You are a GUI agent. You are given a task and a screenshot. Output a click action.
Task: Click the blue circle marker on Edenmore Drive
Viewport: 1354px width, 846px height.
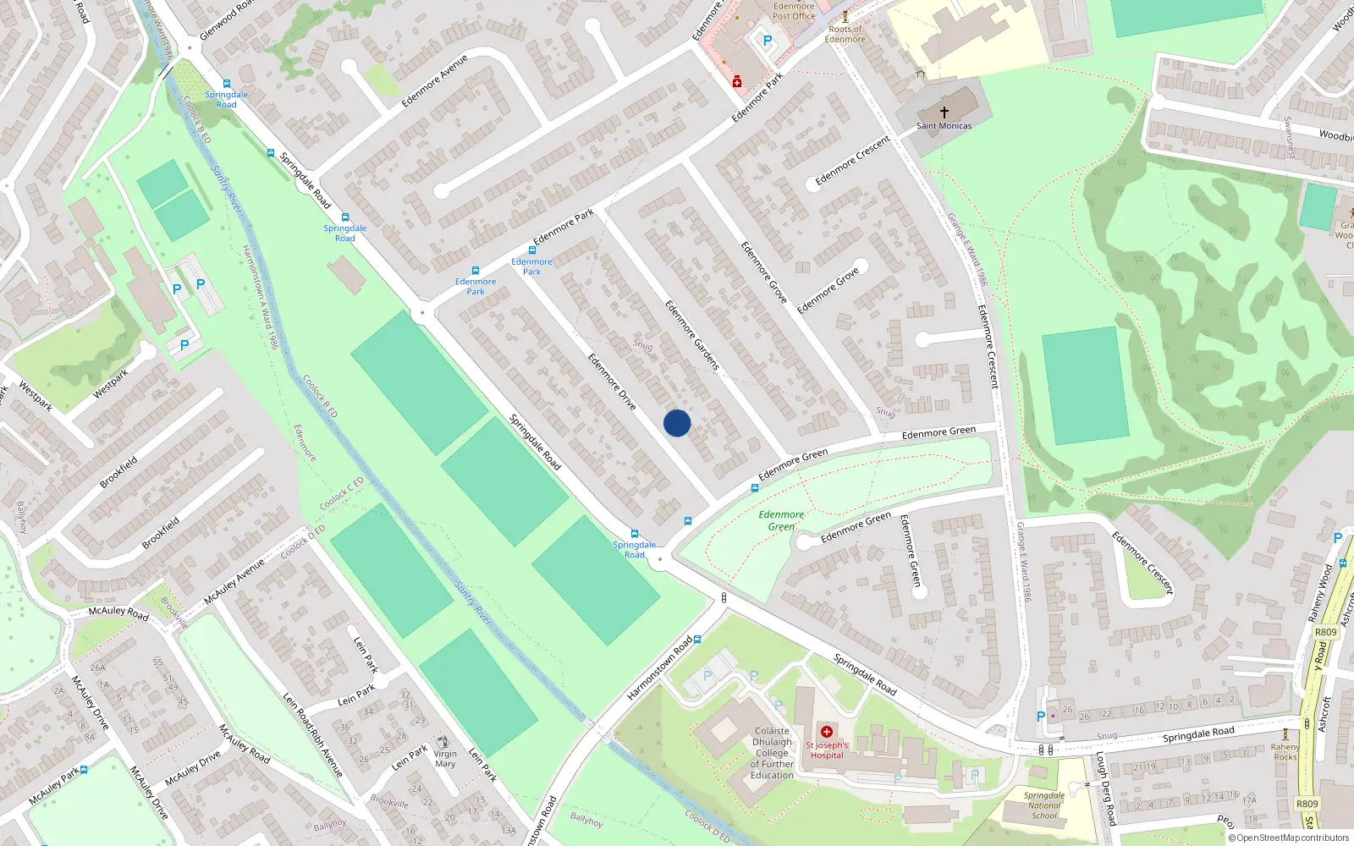[677, 423]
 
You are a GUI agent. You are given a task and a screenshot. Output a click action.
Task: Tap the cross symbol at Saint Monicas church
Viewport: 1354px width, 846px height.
[944, 112]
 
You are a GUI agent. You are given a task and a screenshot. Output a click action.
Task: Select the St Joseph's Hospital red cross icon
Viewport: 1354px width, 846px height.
[827, 732]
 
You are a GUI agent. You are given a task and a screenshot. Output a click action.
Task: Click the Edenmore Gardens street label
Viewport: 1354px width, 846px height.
[691, 335]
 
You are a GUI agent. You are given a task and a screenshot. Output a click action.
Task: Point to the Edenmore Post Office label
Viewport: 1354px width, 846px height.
[794, 11]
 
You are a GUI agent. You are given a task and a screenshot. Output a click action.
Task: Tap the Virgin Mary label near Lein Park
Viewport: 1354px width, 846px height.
[445, 758]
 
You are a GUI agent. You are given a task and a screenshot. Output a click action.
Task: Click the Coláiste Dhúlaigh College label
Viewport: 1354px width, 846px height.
[772, 753]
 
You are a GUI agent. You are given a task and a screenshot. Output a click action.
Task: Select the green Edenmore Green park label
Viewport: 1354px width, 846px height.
[781, 520]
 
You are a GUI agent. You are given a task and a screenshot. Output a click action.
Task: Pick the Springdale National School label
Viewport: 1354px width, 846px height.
[1044, 805]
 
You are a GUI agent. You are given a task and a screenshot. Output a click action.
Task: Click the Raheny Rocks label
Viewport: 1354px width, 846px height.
[1285, 752]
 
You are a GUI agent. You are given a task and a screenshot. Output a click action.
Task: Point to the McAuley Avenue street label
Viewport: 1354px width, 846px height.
[234, 581]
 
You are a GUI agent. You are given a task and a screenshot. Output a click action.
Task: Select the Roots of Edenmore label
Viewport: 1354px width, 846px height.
[845, 34]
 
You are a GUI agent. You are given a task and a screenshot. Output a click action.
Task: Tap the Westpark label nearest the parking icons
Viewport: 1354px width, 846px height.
[110, 384]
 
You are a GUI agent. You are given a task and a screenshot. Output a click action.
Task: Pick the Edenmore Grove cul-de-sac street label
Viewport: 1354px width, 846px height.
[828, 290]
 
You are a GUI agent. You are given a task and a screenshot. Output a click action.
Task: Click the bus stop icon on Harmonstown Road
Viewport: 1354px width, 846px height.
[697, 640]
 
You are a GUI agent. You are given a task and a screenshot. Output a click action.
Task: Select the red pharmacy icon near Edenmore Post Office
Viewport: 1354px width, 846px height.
[737, 81]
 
